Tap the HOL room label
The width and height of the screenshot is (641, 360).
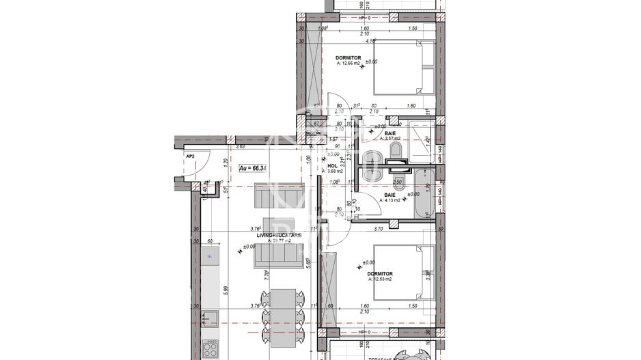(332, 165)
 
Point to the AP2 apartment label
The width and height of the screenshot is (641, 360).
(190, 156)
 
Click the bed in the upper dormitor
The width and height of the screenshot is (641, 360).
(403, 67)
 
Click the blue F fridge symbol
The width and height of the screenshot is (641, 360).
(210, 257)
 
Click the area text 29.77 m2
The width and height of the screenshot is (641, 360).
(275, 241)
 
